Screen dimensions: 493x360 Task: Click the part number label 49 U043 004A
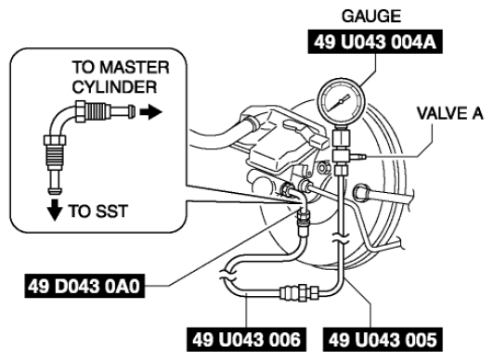375,42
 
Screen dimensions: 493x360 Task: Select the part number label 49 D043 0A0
84,286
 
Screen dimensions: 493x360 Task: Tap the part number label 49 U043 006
247,340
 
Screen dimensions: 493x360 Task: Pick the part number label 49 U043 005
383,340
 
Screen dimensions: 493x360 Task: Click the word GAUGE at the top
371,17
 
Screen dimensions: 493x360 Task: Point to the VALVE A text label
449,113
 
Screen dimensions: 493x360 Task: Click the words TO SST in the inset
98,212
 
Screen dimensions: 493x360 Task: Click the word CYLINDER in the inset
114,86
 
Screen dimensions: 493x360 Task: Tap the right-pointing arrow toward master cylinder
150,112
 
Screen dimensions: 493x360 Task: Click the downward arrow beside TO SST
55,210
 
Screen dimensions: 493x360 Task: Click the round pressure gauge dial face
342,101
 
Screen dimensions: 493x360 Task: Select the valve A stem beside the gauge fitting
358,155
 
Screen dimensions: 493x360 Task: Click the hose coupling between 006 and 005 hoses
299,292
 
